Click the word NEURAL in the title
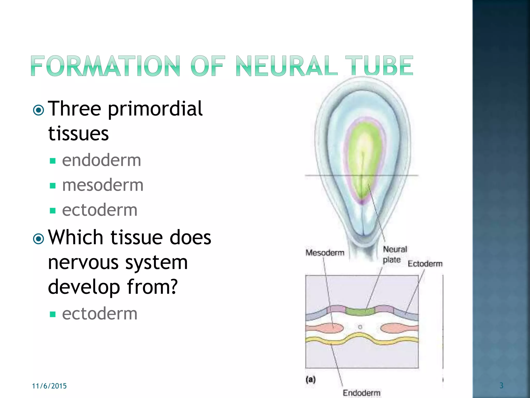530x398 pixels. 286,66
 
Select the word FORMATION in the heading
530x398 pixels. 105,66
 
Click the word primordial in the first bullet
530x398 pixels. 155,109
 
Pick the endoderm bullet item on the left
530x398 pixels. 101,160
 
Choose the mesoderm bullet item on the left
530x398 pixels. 103,185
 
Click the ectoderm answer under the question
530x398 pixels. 100,314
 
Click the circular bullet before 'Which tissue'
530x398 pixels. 39,239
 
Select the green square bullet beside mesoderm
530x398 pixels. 53,186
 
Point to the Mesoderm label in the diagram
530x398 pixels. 325,253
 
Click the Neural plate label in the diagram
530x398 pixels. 394,254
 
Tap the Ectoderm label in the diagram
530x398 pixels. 425,264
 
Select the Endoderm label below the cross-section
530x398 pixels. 362,393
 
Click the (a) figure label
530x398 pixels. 311,380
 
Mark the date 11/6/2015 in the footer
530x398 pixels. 49,386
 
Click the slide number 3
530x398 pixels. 501,386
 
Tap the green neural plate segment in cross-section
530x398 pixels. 360,311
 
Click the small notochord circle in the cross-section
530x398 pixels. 360,327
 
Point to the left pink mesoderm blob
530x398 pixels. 331,328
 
